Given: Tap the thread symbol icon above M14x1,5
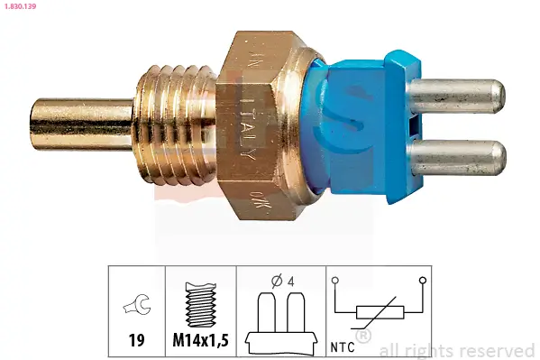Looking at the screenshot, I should coord(199,307).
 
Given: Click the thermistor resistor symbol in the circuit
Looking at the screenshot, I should coord(380,314).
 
